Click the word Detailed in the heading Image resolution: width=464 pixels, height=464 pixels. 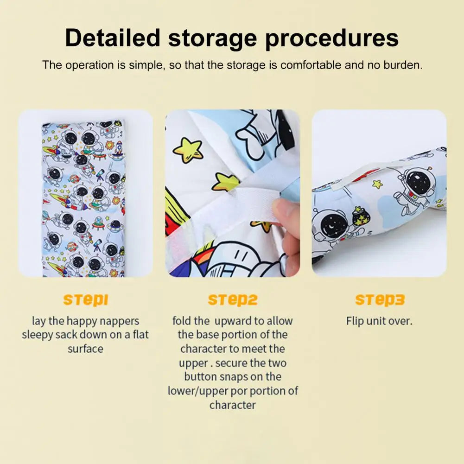(x=113, y=38)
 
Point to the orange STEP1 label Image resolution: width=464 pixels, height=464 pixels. (x=85, y=300)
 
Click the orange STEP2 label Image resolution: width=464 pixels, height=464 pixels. (x=233, y=300)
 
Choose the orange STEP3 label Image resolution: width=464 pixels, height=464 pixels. (x=380, y=300)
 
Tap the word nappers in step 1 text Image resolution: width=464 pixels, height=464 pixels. (x=121, y=321)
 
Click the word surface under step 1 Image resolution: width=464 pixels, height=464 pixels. (x=85, y=349)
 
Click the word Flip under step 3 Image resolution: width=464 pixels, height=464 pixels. (x=355, y=321)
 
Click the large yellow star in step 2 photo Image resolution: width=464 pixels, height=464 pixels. (x=188, y=150)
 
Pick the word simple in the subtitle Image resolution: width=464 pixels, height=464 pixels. (x=146, y=65)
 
